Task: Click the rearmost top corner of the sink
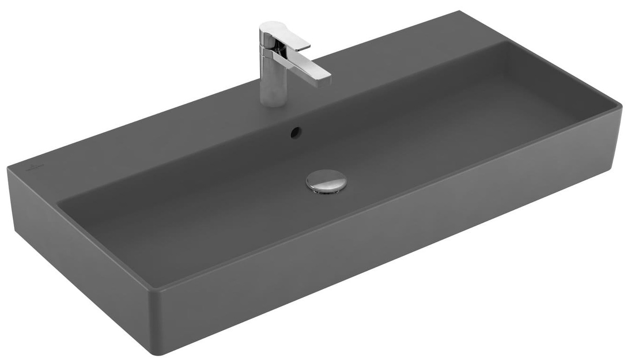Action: [459, 11]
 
